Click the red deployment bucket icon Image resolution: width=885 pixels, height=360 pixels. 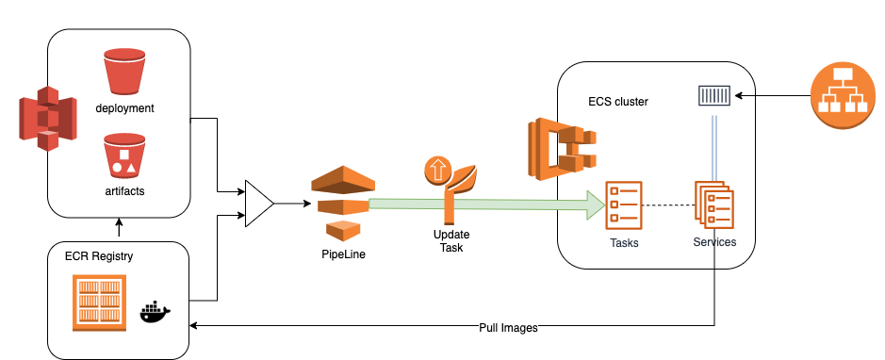pos(124,72)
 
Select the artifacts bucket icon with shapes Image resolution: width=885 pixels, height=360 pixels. pos(124,157)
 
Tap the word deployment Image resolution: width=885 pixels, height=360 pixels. pos(124,108)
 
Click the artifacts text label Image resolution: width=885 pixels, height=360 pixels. pos(124,191)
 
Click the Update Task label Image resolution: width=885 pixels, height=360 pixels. pos(451,240)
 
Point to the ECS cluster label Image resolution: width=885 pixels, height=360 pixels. pos(617,101)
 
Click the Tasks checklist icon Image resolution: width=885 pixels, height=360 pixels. pos(624,204)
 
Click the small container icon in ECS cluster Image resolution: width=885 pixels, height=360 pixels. pos(713,95)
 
